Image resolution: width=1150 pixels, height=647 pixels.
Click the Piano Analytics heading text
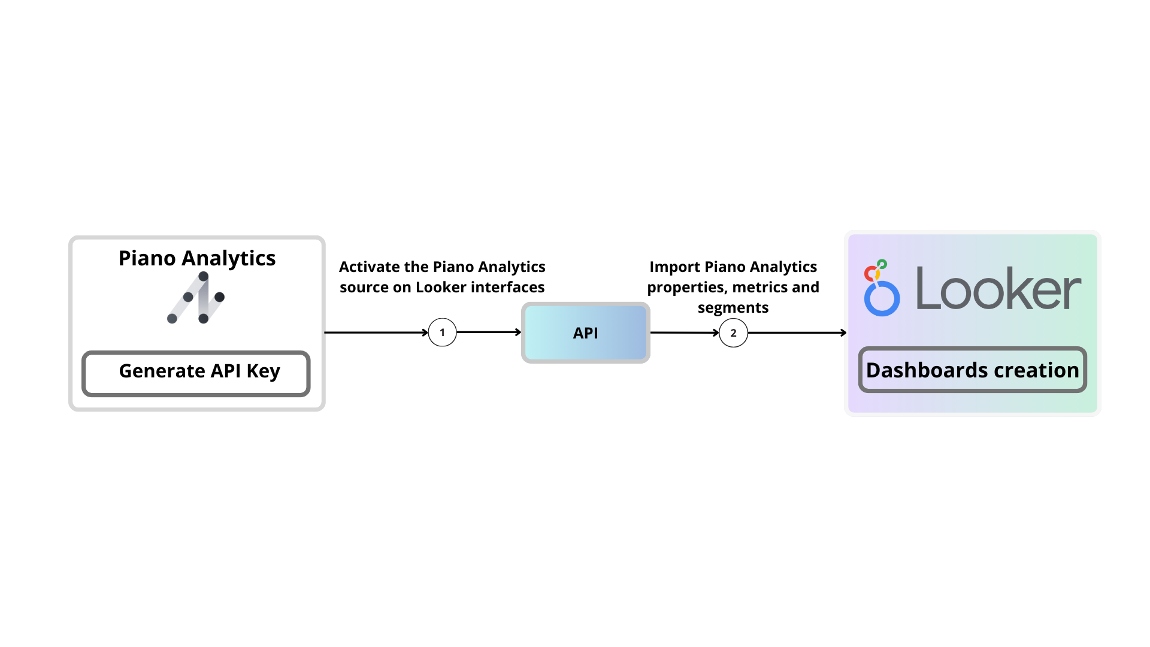pos(196,258)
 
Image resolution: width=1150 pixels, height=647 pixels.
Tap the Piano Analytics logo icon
pos(196,298)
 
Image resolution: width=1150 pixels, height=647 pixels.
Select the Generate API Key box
pos(196,373)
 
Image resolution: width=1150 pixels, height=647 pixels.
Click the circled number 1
pos(442,332)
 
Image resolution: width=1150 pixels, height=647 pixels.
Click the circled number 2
pos(733,333)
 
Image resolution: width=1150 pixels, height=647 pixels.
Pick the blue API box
pos(585,333)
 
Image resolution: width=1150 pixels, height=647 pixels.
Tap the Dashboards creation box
pos(972,370)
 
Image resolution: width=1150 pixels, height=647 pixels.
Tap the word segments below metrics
pos(733,308)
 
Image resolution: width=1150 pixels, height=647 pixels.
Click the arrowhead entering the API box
pos(519,332)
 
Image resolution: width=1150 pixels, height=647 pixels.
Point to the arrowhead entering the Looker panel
pos(843,332)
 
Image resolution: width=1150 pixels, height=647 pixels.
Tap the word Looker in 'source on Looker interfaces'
pos(441,288)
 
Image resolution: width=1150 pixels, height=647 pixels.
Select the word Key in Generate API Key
pos(263,371)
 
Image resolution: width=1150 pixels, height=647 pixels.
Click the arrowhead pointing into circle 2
pos(716,332)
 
